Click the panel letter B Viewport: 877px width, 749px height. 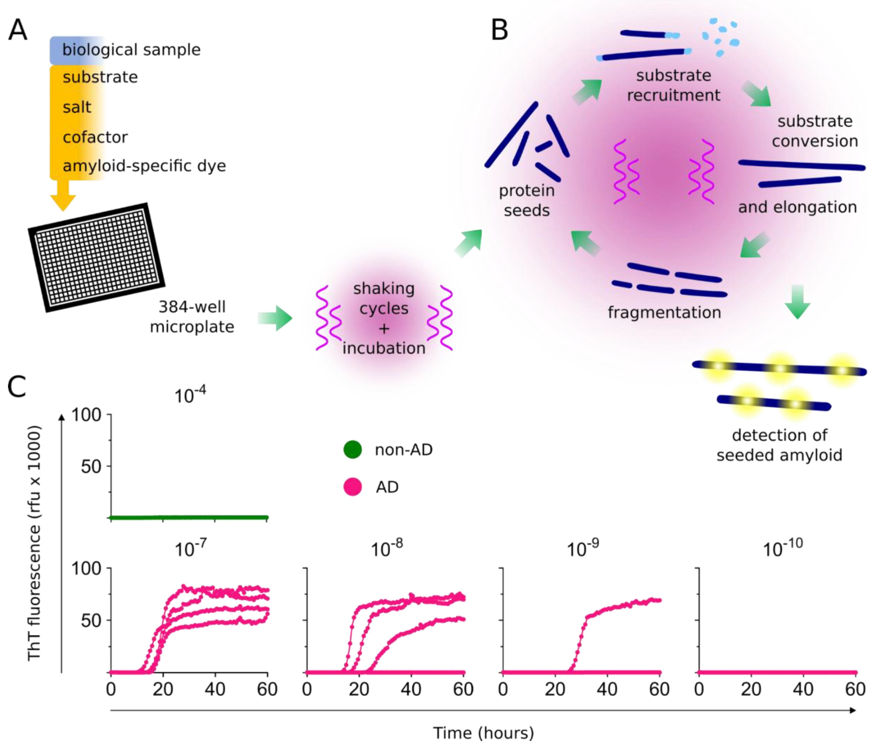499,31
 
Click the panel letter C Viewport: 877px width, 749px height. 17,386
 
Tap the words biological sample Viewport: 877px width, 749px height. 131,50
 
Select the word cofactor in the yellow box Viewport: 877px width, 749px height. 95,137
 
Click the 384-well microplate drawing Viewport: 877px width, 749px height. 96,258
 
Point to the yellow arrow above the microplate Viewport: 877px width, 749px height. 63,195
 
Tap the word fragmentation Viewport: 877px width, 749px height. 664,313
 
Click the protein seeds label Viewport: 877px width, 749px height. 527,200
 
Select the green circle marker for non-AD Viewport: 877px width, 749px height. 352,450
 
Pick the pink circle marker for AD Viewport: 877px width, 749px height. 352,487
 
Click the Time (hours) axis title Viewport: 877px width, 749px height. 483,733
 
